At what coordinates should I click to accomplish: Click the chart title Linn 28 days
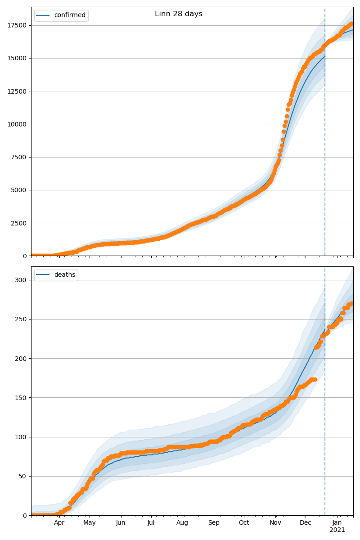click(x=179, y=14)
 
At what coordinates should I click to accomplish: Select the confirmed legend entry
click(x=70, y=15)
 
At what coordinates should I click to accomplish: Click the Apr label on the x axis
click(x=59, y=523)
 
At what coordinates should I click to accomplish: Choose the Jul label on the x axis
click(x=151, y=523)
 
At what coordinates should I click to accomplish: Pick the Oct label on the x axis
click(x=243, y=523)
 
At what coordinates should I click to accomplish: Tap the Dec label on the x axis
click(x=306, y=523)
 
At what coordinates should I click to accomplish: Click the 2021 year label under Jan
click(x=337, y=530)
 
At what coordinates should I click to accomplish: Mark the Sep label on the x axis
click(x=214, y=523)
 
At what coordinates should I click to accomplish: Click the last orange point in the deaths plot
click(x=352, y=303)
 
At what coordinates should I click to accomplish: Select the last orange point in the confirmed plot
click(x=352, y=24)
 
